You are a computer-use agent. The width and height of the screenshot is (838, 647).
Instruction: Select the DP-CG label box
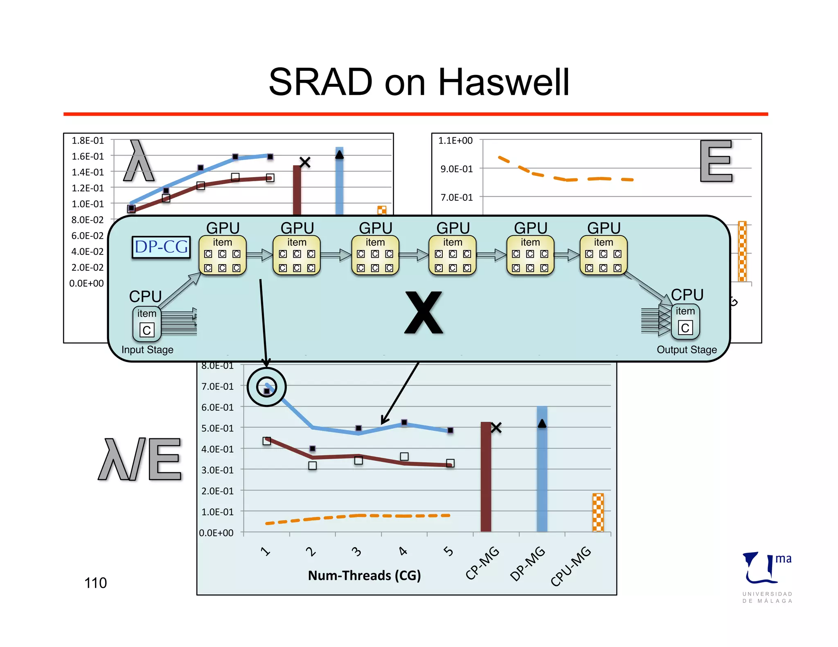tap(161, 247)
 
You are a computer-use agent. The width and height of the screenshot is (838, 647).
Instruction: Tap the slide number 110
tap(95, 583)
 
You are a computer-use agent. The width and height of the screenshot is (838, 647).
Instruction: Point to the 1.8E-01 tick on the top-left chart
tap(88, 141)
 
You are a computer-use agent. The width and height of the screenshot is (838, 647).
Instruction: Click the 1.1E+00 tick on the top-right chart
tap(455, 141)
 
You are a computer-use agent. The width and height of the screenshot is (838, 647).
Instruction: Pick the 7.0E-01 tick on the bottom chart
tap(217, 386)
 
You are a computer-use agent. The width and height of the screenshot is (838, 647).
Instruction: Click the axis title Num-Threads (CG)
tap(364, 575)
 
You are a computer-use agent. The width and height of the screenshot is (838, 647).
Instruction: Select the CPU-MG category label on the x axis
tap(571, 566)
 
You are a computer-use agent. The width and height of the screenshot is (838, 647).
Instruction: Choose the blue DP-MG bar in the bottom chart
tap(542, 470)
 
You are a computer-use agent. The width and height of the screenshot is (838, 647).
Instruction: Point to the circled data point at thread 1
tap(267, 387)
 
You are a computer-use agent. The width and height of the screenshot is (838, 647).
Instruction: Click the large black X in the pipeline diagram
tap(424, 312)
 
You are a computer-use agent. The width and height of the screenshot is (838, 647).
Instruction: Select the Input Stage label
tap(147, 350)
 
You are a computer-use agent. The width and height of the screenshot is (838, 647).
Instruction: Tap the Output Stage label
tap(687, 350)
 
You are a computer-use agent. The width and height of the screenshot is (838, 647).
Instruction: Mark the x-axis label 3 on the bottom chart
tap(357, 552)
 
